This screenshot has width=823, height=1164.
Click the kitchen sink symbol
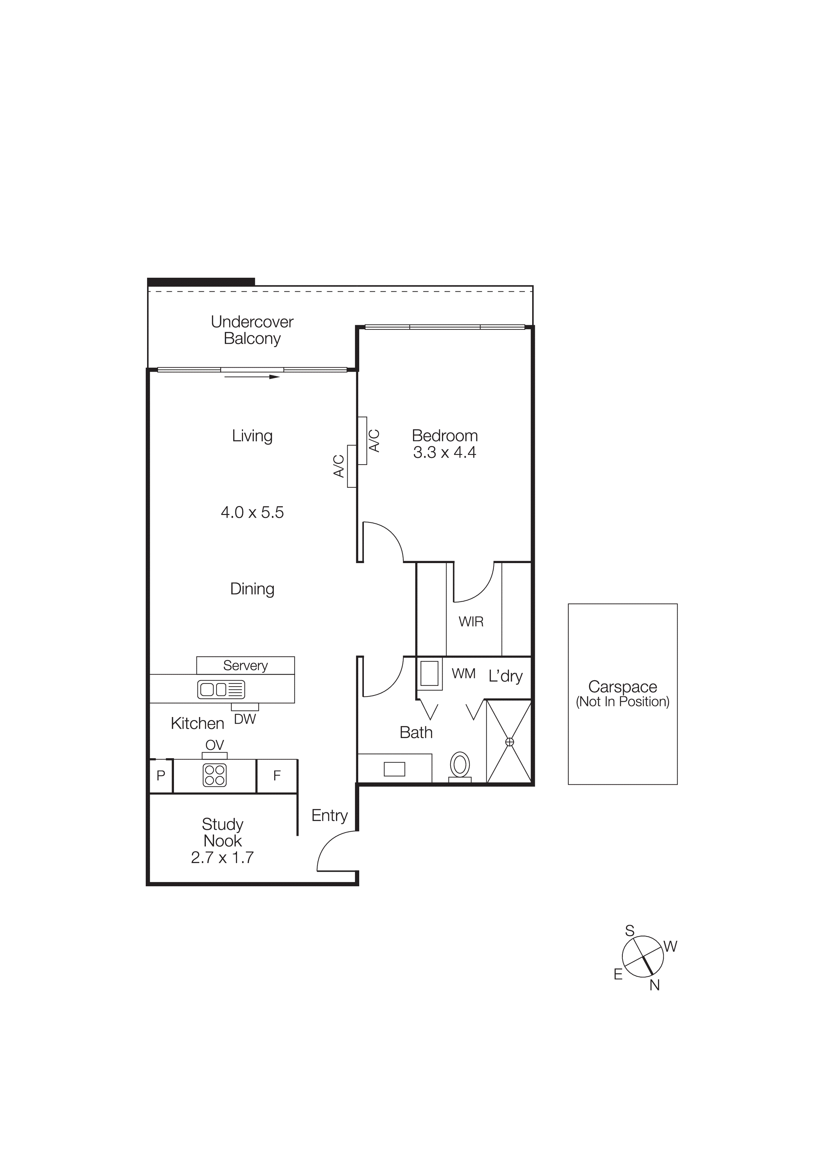(x=221, y=690)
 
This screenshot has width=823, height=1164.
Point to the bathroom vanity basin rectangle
(x=394, y=769)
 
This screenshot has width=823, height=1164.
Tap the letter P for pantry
(x=161, y=776)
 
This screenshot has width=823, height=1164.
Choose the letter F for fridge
(x=277, y=776)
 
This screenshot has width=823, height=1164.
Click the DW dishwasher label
(x=245, y=719)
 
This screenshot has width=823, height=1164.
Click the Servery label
(x=245, y=665)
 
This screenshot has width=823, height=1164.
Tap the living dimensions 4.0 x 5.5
(x=252, y=513)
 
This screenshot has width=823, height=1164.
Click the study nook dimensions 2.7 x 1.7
(x=222, y=857)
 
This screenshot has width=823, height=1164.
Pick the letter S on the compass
(x=630, y=931)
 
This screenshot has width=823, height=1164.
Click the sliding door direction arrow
(x=252, y=377)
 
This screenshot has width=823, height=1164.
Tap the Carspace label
(x=623, y=687)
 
